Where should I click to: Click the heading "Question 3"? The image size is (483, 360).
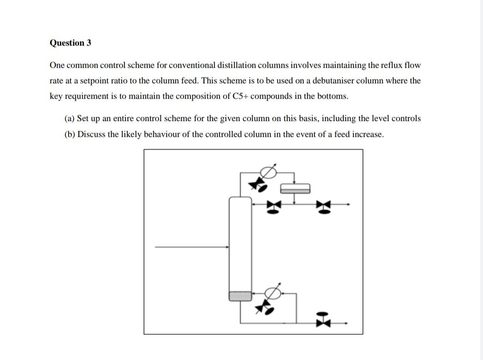[x=70, y=43]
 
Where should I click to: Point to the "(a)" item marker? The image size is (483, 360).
[x=70, y=118]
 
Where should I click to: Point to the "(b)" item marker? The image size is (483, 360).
[x=70, y=135]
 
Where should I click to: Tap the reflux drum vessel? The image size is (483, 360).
[x=295, y=188]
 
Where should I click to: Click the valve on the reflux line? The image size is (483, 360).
[x=273, y=206]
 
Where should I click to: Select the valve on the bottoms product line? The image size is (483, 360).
[x=322, y=320]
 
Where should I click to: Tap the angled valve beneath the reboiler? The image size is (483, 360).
[x=264, y=308]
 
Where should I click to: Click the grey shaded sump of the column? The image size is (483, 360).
[x=240, y=296]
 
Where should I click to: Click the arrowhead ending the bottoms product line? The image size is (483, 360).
[x=348, y=323]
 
